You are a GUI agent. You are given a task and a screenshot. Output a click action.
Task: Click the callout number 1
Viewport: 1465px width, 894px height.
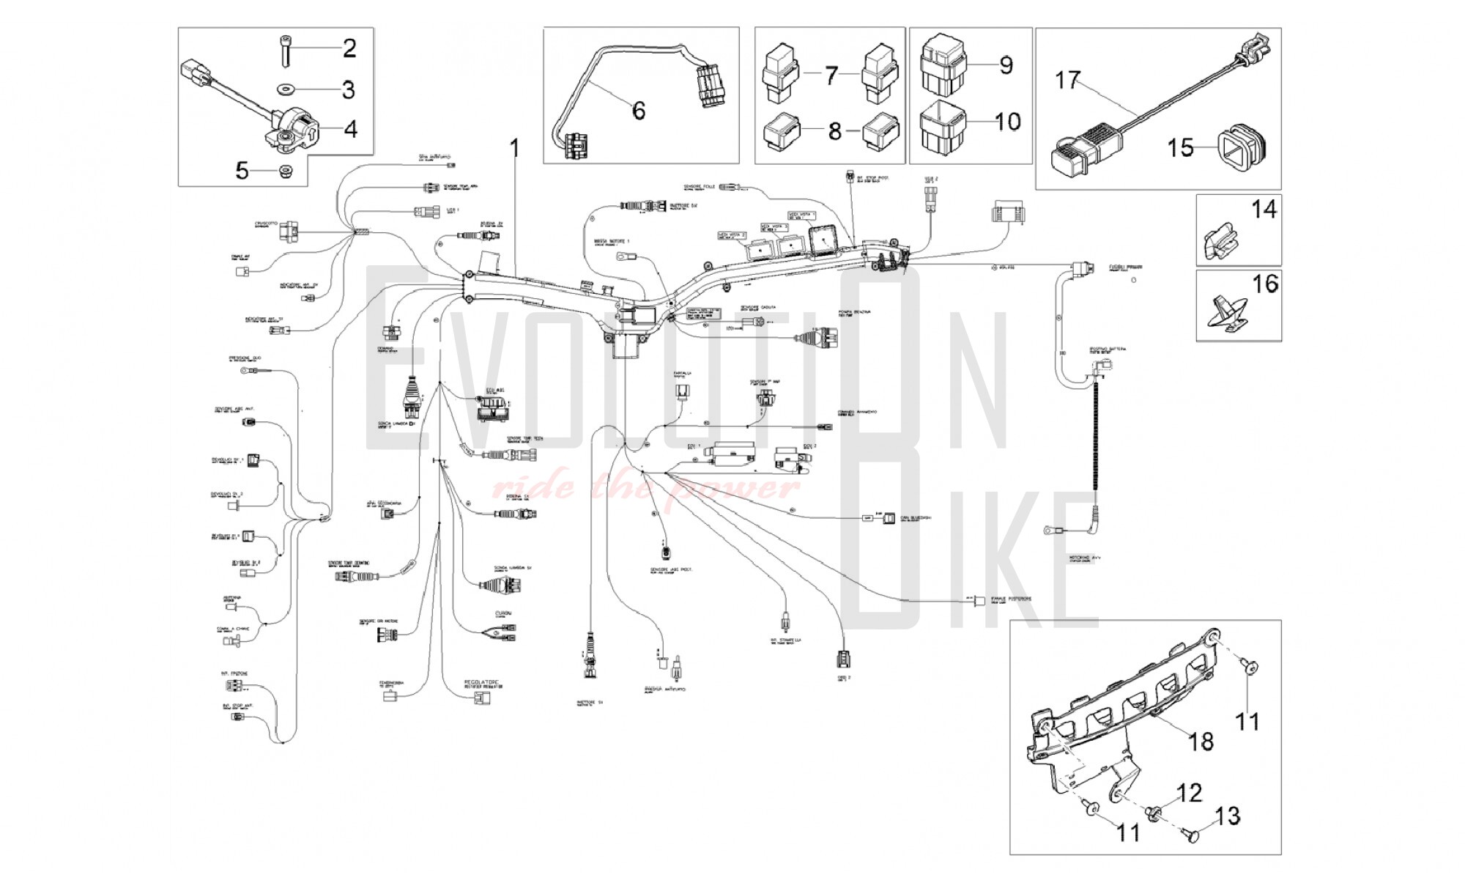coord(514,149)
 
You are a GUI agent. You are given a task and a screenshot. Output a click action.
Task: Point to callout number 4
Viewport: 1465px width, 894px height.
coord(351,130)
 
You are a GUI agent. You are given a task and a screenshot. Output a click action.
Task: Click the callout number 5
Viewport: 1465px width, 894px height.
coord(242,171)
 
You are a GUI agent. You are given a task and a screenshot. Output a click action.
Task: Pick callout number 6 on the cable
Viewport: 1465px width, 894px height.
coord(639,111)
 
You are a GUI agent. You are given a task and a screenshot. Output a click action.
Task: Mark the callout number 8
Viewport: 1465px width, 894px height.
coord(834,131)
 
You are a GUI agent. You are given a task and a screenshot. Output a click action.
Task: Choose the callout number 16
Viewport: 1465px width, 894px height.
coord(1266,284)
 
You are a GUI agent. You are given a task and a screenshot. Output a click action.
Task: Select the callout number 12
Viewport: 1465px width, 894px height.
coord(1190,793)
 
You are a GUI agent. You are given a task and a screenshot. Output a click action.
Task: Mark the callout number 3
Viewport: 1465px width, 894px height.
coord(349,90)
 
